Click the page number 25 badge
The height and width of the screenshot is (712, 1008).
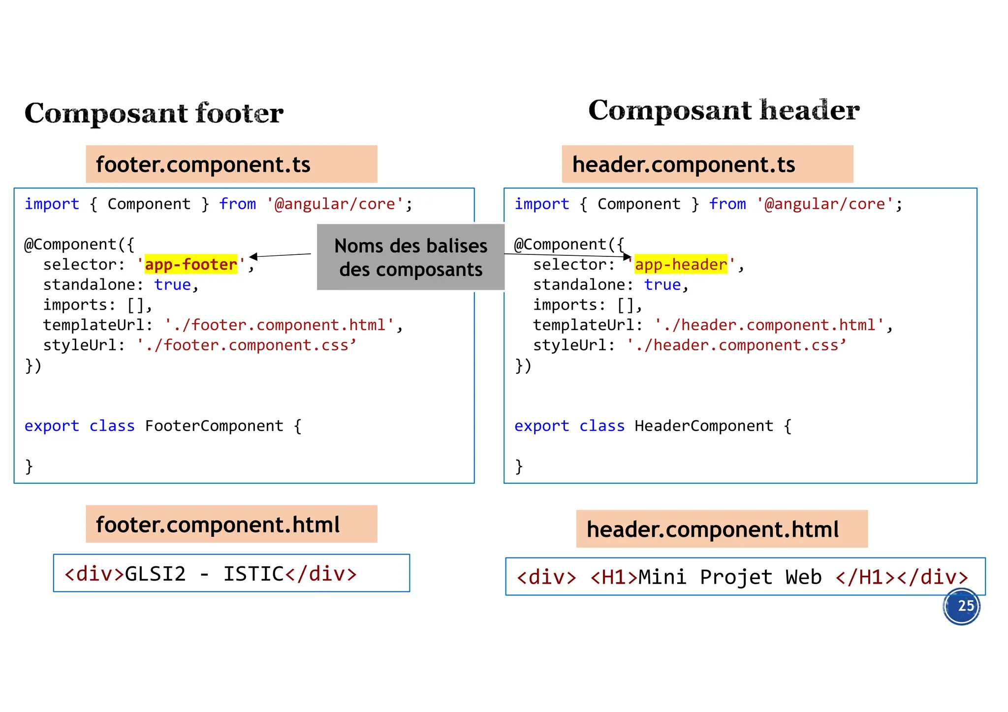[x=961, y=606]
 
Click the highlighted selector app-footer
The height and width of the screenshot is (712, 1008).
[x=191, y=265]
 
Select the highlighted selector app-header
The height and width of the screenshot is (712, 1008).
[x=681, y=265]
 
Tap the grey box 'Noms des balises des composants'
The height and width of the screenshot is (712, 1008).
[x=410, y=257]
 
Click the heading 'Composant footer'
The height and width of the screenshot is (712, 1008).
[x=154, y=113]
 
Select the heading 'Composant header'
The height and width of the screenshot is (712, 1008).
[x=724, y=110]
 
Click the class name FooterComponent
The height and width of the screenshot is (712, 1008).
[x=214, y=426]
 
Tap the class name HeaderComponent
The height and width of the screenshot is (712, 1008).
[x=704, y=426]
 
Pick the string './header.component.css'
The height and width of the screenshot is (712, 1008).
[x=736, y=345]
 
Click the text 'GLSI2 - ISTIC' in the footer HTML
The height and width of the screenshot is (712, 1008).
[x=204, y=574]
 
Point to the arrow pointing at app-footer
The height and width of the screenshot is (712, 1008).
[x=280, y=255]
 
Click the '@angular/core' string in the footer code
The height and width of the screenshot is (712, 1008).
[x=335, y=204]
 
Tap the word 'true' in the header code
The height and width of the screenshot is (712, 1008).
[x=662, y=285]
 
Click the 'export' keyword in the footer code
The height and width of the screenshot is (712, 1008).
[x=52, y=426]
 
